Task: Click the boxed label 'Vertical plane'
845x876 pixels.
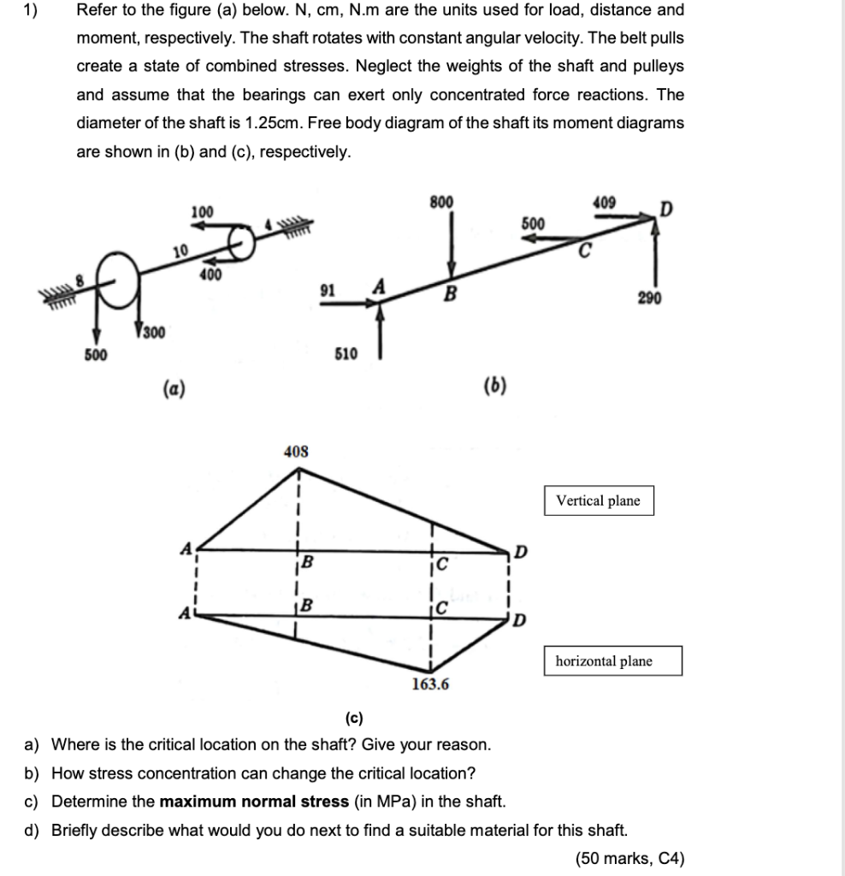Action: (598, 500)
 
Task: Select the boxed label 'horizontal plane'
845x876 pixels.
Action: (603, 660)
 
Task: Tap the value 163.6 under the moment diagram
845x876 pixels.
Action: (431, 684)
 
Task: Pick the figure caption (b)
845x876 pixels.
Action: (493, 385)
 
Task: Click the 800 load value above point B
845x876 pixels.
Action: (442, 202)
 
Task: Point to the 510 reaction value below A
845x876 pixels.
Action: (346, 353)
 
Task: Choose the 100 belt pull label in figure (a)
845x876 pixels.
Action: (202, 210)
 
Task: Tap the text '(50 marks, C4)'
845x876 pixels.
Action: (630, 858)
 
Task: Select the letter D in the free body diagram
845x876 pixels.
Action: (665, 208)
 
